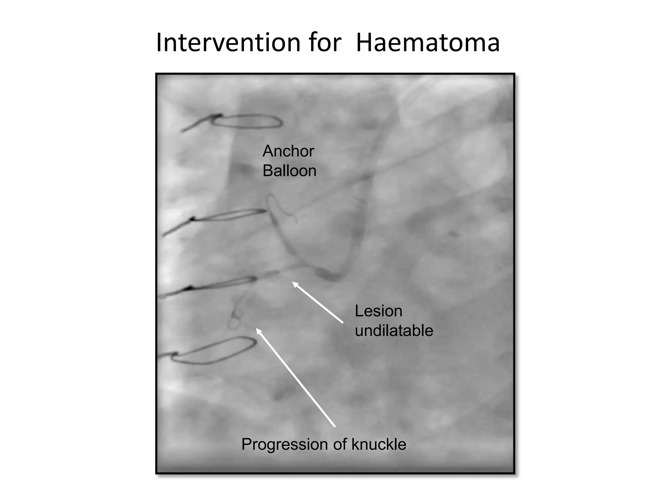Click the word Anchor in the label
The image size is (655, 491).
point(288,151)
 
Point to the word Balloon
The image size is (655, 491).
point(289,171)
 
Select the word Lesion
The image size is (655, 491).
point(378,311)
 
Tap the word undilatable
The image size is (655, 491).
point(394,331)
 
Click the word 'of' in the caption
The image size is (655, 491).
point(342,444)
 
